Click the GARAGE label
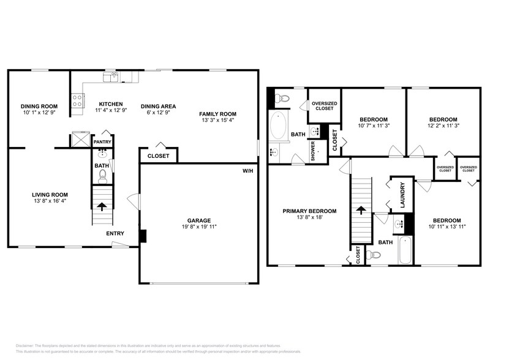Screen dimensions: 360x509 (198, 220)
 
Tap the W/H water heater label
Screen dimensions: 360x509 (248, 170)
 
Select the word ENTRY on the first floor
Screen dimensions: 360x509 (115, 233)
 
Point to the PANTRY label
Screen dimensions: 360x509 (102, 141)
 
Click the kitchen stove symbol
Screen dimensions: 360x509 (78, 100)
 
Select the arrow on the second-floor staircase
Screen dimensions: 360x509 (361, 210)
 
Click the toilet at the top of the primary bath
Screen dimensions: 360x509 (282, 99)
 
